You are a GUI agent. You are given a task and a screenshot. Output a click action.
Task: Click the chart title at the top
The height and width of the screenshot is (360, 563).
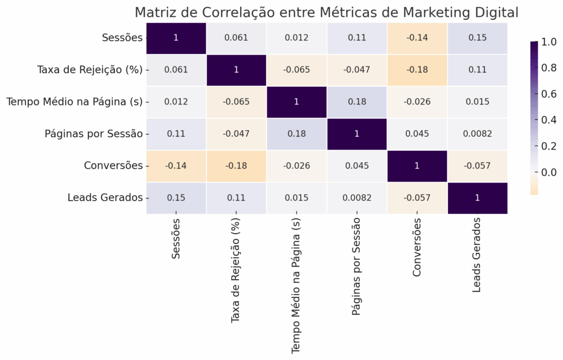(x=327, y=12)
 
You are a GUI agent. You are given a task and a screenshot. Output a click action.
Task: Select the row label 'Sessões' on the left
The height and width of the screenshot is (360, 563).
(x=122, y=38)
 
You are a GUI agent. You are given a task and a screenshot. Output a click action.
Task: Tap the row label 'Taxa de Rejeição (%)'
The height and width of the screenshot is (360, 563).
(x=90, y=70)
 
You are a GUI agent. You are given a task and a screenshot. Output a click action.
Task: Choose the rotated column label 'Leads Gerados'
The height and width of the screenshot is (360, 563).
(x=477, y=254)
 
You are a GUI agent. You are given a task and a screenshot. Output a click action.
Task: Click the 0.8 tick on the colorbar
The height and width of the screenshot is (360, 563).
(x=548, y=68)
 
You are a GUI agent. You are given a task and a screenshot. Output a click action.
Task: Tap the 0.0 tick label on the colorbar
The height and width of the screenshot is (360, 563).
(x=548, y=173)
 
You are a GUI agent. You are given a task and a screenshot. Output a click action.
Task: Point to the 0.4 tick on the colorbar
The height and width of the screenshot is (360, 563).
(x=548, y=120)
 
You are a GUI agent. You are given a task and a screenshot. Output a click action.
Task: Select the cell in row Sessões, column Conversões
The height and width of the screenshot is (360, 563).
(x=417, y=38)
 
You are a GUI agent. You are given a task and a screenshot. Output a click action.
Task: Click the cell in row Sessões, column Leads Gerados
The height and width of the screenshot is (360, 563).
(x=478, y=38)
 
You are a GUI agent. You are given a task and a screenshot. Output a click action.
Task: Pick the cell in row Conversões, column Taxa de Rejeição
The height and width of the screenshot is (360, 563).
(x=236, y=165)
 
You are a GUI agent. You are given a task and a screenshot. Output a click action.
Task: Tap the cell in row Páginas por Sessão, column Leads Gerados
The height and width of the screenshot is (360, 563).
(x=478, y=134)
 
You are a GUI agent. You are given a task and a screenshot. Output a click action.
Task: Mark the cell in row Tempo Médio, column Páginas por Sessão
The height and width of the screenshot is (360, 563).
(x=357, y=102)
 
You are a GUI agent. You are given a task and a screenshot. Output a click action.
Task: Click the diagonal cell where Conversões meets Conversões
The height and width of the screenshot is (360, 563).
(x=417, y=165)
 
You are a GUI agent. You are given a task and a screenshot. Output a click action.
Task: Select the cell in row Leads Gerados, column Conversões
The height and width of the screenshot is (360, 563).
(x=417, y=197)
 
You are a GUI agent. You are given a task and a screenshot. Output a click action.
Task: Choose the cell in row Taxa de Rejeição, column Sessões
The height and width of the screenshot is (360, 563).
(x=175, y=70)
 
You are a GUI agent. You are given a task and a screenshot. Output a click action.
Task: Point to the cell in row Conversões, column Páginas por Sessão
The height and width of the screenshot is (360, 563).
(x=357, y=165)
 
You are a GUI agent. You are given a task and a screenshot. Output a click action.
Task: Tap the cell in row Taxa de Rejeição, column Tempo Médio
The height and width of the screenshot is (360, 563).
(x=296, y=70)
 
